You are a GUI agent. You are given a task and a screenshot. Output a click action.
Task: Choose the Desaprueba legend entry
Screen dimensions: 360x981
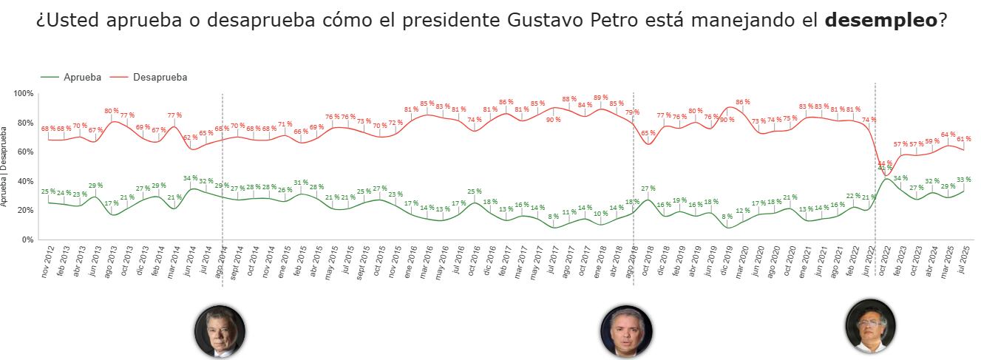coord(160,77)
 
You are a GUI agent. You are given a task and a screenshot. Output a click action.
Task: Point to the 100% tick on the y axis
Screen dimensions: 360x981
coord(24,93)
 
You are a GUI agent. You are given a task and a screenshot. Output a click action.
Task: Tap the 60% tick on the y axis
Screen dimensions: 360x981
coord(26,152)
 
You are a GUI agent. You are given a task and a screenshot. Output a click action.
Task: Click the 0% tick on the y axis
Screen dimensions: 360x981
coord(28,240)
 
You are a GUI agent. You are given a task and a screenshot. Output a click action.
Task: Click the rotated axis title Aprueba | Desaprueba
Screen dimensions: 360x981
coord(5,166)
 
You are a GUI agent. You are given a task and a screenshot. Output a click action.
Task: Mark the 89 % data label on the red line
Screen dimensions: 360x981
coord(600,98)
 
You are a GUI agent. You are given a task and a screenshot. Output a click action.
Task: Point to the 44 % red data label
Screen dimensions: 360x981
coord(884,163)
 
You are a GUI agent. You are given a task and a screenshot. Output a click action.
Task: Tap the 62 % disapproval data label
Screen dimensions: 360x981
coord(190,137)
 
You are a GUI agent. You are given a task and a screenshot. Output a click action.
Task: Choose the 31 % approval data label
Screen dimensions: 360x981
coord(300,183)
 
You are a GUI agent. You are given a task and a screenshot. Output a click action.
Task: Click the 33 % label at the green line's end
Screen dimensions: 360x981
coord(963,180)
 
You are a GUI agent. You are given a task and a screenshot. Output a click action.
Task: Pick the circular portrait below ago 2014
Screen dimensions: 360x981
coord(220,330)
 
